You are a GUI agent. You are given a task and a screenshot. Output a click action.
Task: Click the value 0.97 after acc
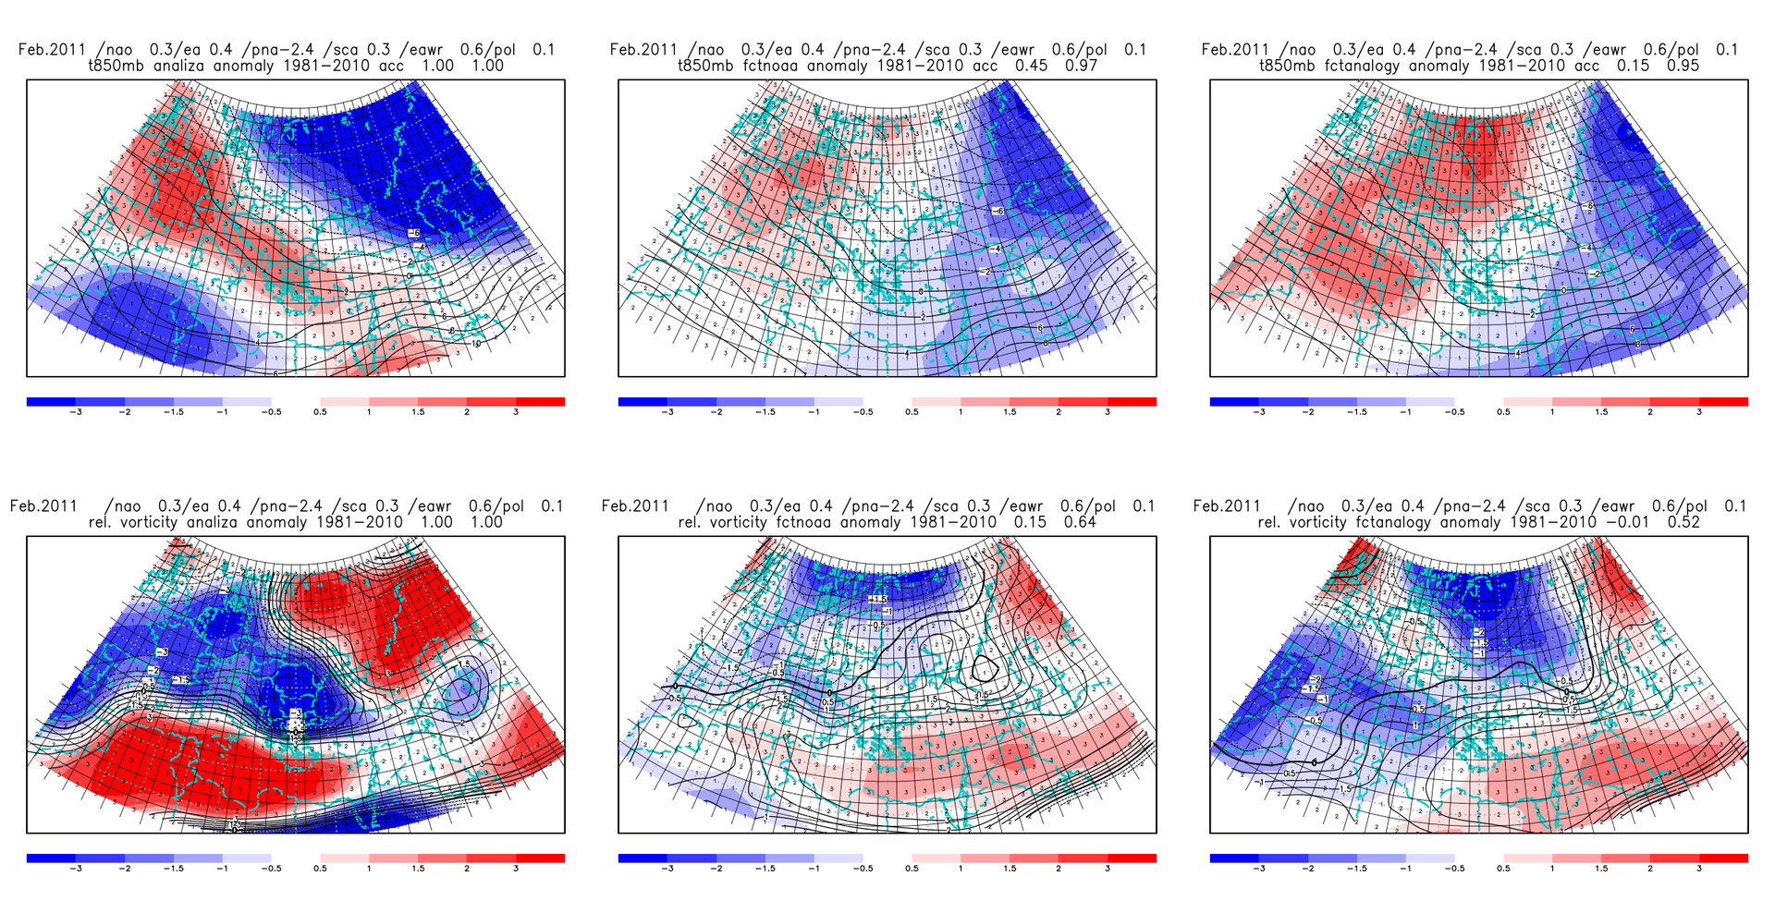coord(1081,66)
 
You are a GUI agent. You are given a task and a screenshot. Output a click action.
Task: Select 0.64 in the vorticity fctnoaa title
coord(1080,522)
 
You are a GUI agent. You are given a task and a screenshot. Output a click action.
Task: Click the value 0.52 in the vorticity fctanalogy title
coord(1683,522)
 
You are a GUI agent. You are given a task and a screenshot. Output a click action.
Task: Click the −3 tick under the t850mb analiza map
coord(76,412)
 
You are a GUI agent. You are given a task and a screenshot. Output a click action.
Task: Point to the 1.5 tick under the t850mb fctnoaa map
coord(1010,412)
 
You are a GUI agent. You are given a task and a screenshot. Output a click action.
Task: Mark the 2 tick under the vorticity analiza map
coord(467,869)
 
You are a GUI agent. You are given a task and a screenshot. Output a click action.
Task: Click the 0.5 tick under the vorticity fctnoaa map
coord(912,869)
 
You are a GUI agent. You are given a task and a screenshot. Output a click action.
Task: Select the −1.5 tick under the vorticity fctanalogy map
coord(1356,869)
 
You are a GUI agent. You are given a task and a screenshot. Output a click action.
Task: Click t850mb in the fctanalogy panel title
coord(1289,66)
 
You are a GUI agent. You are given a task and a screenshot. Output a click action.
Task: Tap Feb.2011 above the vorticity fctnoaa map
coord(635,506)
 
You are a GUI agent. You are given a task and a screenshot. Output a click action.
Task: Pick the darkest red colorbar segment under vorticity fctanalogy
coord(1723,858)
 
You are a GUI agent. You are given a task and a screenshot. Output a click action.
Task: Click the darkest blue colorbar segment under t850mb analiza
coord(51,402)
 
